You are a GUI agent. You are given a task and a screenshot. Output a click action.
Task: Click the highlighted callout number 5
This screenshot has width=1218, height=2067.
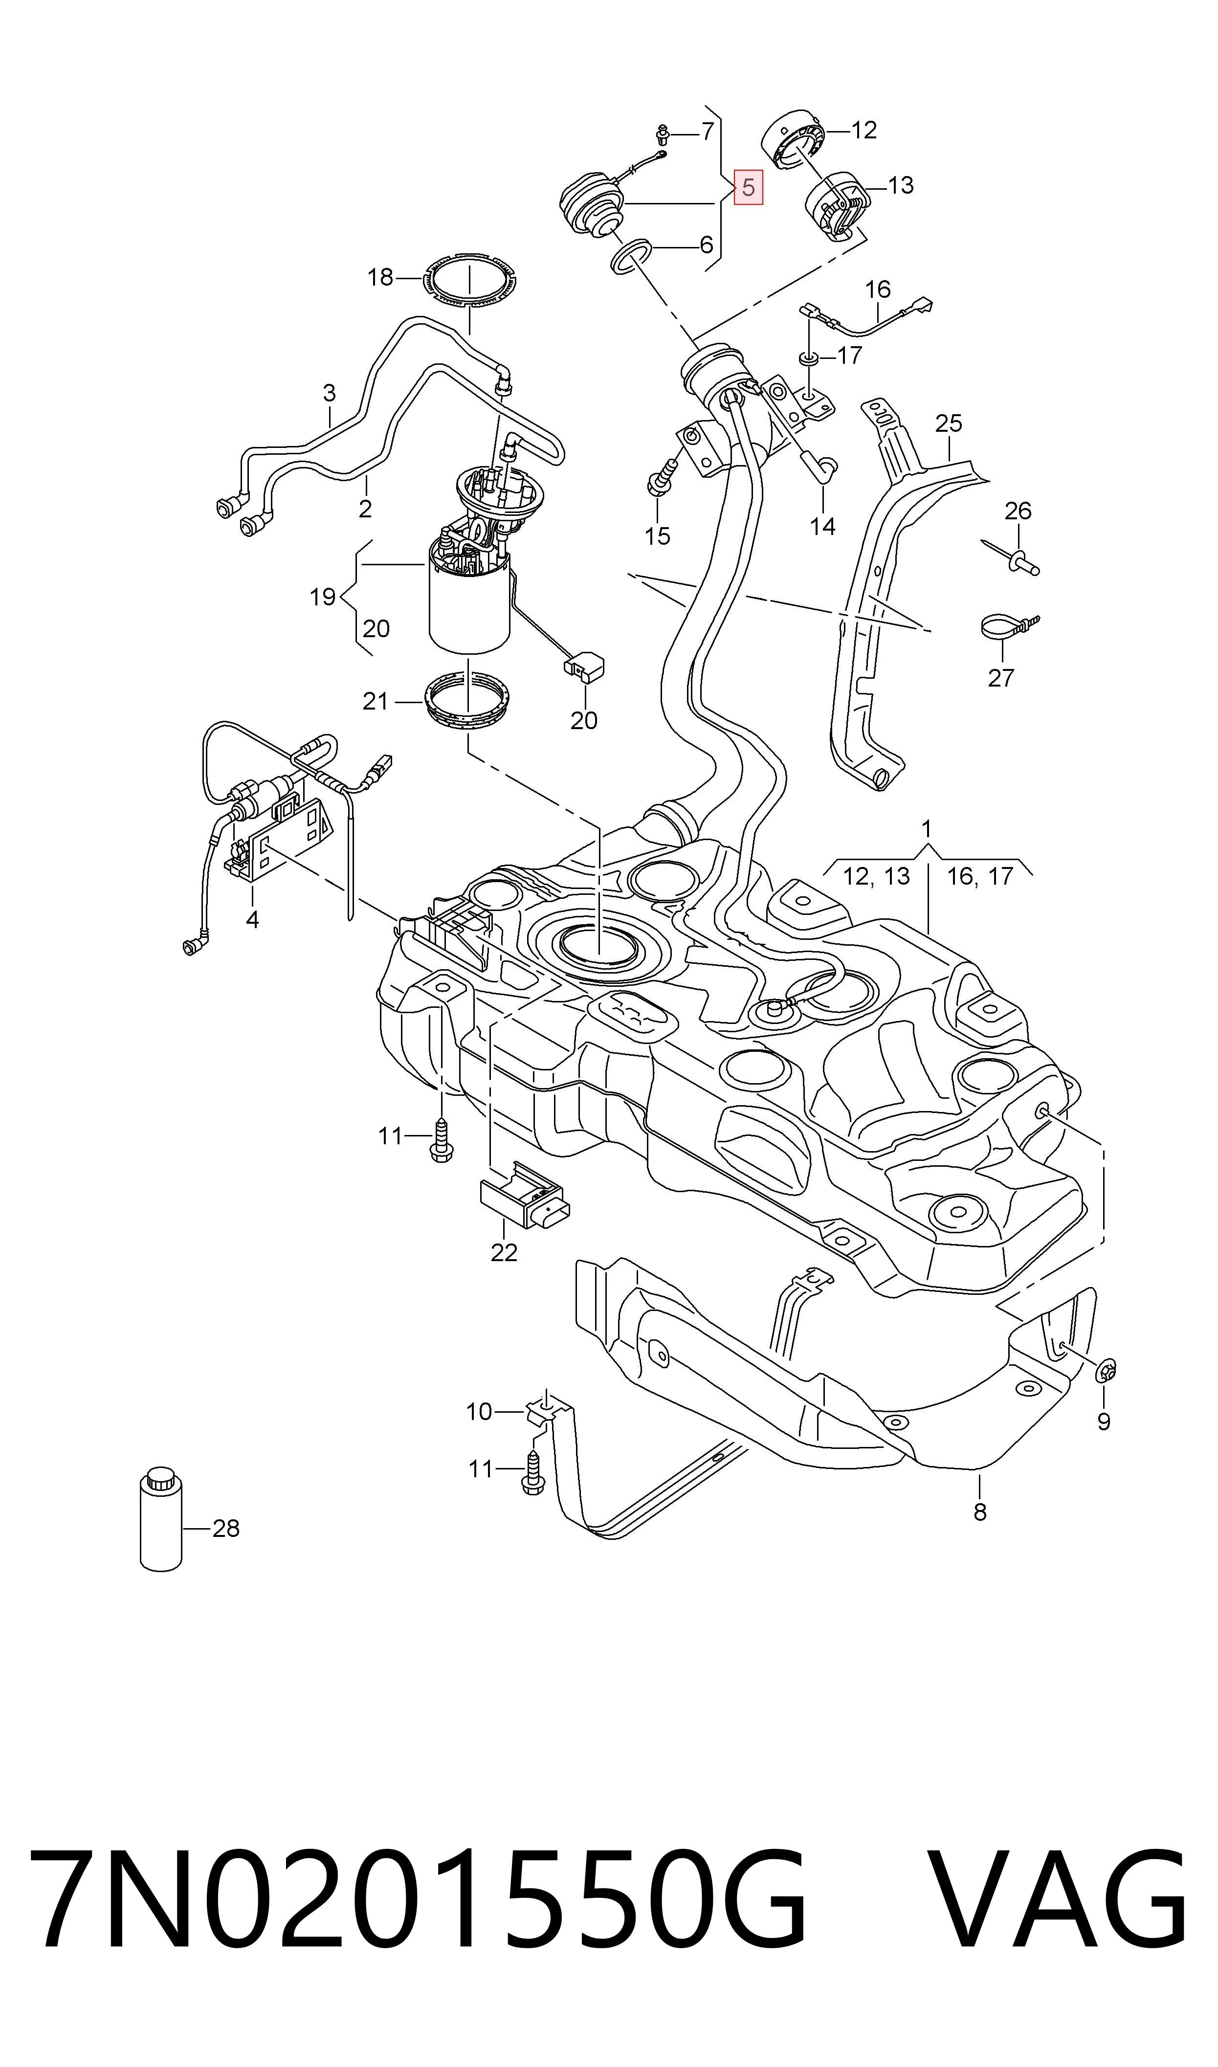(x=748, y=188)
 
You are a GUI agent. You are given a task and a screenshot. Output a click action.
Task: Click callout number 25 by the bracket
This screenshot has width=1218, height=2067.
(x=948, y=423)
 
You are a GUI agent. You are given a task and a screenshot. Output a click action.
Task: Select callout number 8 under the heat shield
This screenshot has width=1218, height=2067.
(x=980, y=1511)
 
